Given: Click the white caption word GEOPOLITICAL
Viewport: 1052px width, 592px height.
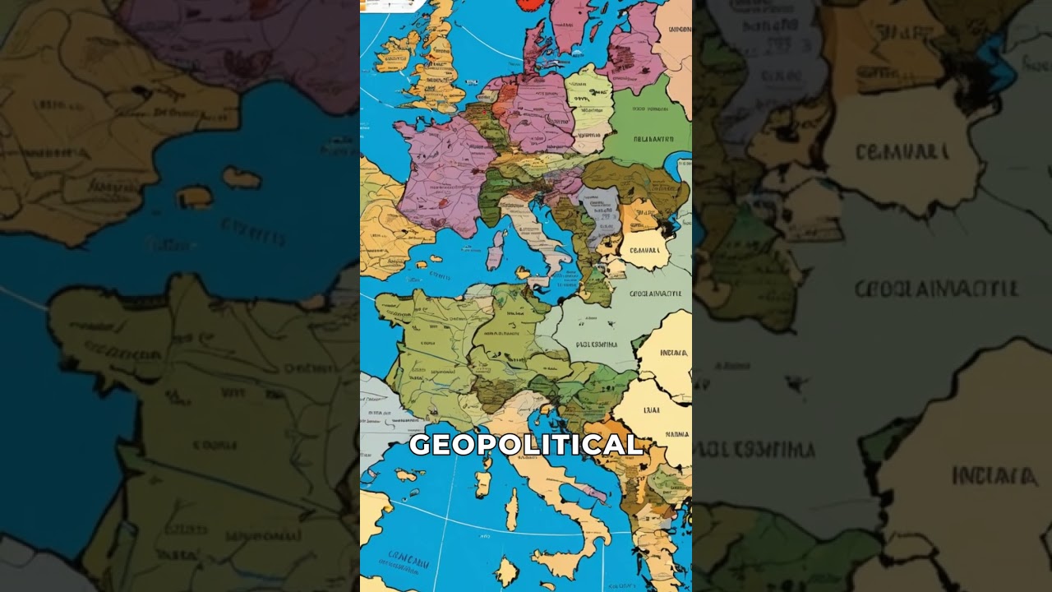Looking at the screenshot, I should point(526,445).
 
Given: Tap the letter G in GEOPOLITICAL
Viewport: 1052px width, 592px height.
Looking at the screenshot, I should point(419,445).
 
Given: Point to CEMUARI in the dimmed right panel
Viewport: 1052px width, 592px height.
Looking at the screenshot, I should point(902,152).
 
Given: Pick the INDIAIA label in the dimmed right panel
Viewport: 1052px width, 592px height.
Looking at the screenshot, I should point(994,475).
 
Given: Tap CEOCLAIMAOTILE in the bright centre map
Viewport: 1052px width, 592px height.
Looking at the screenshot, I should point(655,294).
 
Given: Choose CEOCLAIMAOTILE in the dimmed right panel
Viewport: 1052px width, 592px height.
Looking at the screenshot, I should point(936,289).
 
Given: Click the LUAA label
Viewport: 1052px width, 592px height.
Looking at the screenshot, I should point(652,409).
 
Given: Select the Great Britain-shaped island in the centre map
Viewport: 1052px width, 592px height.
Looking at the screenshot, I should point(436,62).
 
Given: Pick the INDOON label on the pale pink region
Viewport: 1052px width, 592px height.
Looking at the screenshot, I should point(679,30).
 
